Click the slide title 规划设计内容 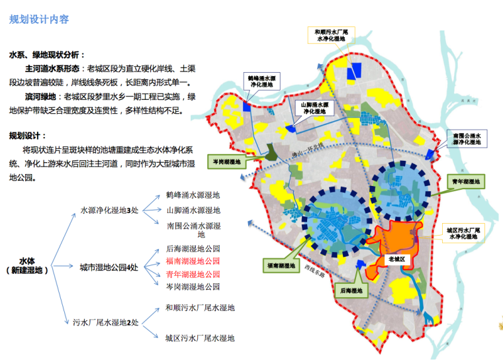(39, 19)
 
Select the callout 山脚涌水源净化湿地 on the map (316, 109)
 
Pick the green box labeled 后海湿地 (351, 291)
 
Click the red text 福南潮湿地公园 (193, 261)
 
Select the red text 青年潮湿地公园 (193, 274)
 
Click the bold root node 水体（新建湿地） (28, 266)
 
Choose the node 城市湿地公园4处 (109, 267)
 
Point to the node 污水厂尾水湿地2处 (106, 323)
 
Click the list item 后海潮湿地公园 (193, 249)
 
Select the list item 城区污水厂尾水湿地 (200, 339)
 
